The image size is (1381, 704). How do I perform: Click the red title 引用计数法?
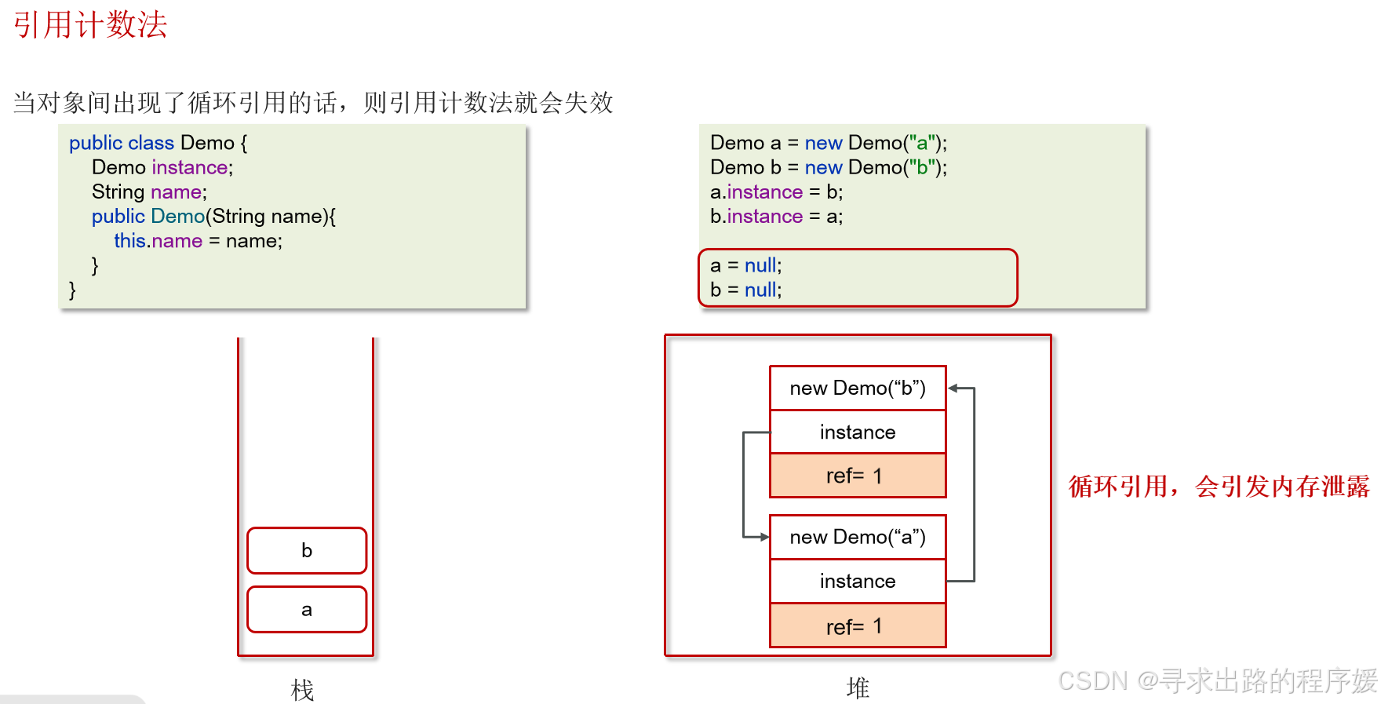click(x=90, y=25)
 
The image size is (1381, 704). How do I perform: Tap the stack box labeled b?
click(x=307, y=550)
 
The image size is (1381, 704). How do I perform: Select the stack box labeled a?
click(x=307, y=609)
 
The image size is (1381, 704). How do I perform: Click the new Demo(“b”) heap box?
click(x=858, y=388)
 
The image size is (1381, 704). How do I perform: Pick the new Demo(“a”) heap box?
click(x=858, y=537)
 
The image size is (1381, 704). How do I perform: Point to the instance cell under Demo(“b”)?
click(x=858, y=432)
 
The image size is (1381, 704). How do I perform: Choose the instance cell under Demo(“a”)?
click(x=858, y=581)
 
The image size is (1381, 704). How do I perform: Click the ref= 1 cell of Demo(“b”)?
click(x=858, y=476)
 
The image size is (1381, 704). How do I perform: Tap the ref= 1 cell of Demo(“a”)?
click(x=858, y=626)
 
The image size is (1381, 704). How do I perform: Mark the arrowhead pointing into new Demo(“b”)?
click(x=953, y=388)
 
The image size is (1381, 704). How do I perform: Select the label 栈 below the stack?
click(x=302, y=690)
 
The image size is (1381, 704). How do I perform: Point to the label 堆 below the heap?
click(x=858, y=688)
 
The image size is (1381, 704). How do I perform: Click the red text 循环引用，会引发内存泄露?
click(x=1219, y=487)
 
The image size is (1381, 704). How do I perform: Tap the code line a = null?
click(x=745, y=265)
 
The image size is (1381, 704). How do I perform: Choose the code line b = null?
click(x=745, y=290)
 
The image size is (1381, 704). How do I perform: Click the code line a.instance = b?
click(x=776, y=192)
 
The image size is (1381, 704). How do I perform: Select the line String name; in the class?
click(x=149, y=192)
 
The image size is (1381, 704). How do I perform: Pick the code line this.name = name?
click(x=198, y=241)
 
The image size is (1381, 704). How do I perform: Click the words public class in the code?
click(x=122, y=143)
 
